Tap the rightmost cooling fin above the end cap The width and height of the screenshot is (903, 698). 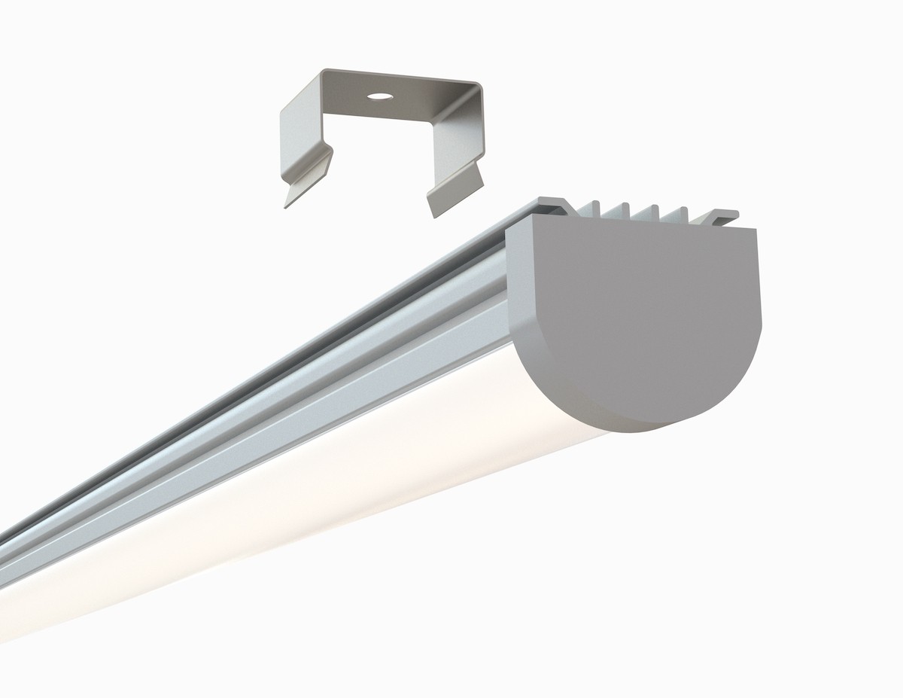coord(684,213)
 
